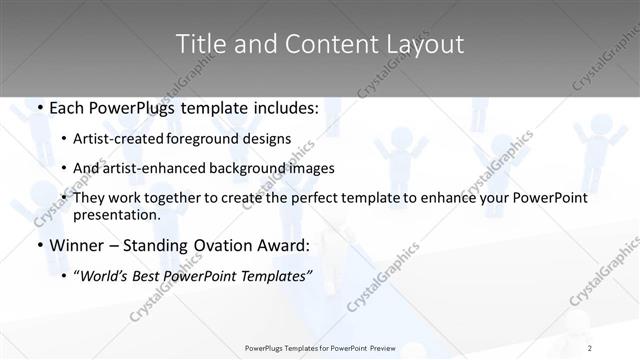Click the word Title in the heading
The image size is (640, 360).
199,44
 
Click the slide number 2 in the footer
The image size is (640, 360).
590,348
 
